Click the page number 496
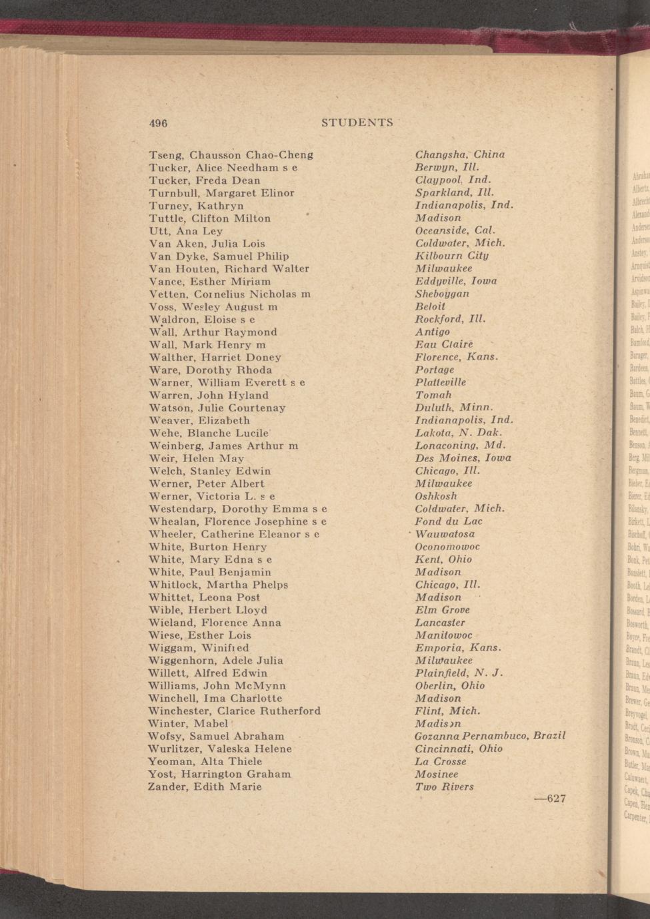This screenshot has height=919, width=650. tap(157, 123)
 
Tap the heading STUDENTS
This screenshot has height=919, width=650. tap(357, 123)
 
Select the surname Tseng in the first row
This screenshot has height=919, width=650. tap(165, 155)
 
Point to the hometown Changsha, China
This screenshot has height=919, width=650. tap(459, 154)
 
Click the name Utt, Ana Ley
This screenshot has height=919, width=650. tap(185, 231)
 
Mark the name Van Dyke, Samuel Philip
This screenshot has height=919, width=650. tap(219, 256)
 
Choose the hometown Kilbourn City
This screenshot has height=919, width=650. tap(451, 256)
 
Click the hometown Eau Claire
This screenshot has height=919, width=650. tap(443, 344)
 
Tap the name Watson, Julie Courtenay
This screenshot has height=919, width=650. tap(217, 408)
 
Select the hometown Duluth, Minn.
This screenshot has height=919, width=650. tap(453, 407)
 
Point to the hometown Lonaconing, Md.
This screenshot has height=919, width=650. tap(460, 445)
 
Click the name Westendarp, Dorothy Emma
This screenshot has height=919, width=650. tap(231, 509)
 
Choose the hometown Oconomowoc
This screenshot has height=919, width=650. tap(447, 547)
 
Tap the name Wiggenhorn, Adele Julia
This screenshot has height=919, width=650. tap(215, 661)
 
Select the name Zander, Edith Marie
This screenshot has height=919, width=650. tap(204, 786)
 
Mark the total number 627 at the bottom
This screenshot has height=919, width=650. tap(550, 798)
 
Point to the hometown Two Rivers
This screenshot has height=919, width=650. tap(444, 786)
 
